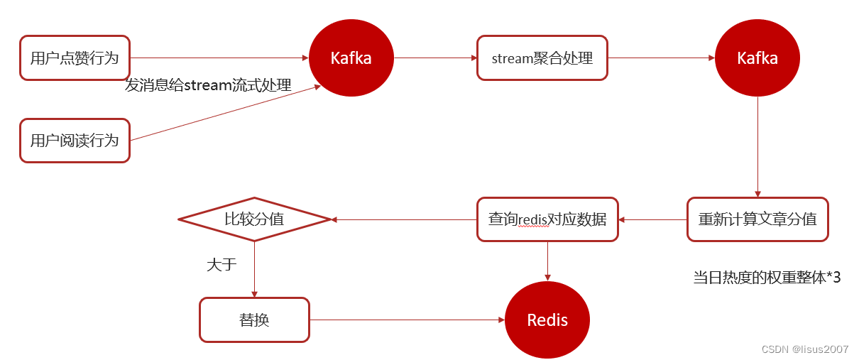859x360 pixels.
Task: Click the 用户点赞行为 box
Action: click(75, 58)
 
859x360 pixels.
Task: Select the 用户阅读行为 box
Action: click(75, 141)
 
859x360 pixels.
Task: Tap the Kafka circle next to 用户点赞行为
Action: click(351, 58)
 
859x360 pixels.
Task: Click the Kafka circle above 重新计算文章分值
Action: click(757, 58)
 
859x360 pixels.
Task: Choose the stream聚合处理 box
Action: click(542, 58)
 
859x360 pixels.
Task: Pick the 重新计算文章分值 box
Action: click(757, 219)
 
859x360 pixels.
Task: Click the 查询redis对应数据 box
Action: click(547, 219)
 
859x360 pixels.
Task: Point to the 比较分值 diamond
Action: click(254, 219)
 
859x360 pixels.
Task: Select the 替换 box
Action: click(254, 320)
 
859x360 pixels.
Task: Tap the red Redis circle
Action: click(547, 320)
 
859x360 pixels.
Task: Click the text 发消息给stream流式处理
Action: click(208, 85)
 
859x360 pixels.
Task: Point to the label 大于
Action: click(221, 265)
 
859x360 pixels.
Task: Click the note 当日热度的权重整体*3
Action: click(767, 277)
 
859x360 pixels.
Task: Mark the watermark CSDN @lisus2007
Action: click(805, 349)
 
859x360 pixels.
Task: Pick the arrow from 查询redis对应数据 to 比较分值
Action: click(405, 219)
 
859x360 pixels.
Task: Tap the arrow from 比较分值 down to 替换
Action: click(254, 270)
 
